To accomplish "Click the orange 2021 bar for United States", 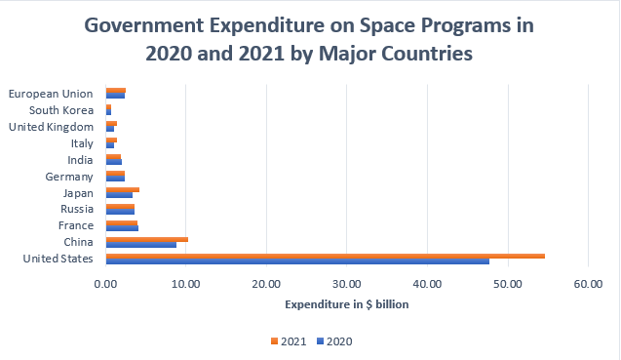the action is point(326,257).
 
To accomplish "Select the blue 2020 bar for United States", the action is point(297,261).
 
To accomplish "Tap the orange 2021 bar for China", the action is point(147,239).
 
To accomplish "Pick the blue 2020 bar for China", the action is point(141,245).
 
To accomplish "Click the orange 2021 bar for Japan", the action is point(123,190).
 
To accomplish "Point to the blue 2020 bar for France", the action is point(122,228).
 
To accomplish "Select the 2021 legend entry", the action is point(289,341).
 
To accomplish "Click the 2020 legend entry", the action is point(334,341).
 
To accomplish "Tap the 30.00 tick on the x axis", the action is point(346,284).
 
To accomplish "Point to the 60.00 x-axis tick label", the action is point(588,284).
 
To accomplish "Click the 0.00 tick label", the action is point(105,284).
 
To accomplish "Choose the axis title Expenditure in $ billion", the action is point(346,304).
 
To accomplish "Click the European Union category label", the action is point(51,94).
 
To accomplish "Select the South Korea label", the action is point(61,110).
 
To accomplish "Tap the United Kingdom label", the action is point(51,127).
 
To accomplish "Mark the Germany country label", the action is point(69,177).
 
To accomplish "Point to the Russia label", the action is point(77,209).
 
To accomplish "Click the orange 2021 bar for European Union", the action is point(116,91).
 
